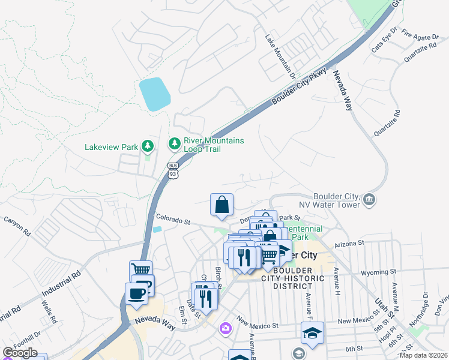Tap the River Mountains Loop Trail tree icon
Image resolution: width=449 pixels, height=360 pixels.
point(175,143)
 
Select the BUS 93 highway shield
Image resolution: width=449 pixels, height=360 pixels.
point(173,170)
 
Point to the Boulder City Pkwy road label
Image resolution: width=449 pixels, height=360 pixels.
point(300,86)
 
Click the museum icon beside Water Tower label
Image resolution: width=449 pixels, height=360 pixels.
point(369,199)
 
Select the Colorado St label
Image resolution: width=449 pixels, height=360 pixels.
point(173,220)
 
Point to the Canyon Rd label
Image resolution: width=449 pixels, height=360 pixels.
point(19,227)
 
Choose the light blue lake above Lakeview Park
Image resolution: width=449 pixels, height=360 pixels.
point(154,94)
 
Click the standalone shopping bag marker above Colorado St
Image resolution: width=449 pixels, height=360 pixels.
point(221,205)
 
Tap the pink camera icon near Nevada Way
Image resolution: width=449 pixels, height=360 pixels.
point(225,328)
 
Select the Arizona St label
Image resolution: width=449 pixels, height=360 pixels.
point(349,243)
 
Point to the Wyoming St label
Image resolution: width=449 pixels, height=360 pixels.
point(376,272)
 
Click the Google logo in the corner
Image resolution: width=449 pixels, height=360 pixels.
point(20,353)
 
